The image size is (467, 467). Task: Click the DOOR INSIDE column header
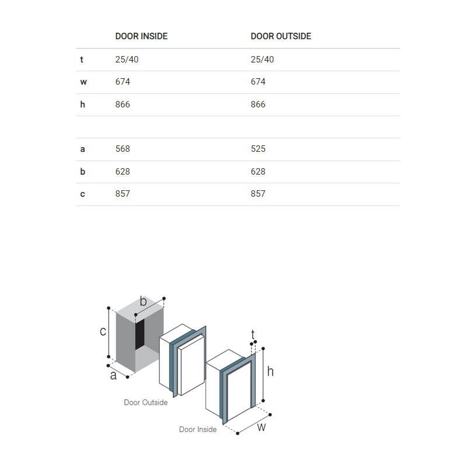tap(141, 36)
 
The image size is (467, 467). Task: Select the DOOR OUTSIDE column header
tap(281, 36)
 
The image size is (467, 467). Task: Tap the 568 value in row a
tap(123, 149)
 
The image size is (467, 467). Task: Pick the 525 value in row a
tap(258, 149)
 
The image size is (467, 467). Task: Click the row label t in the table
tap(82, 60)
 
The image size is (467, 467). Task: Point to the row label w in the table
tap(83, 82)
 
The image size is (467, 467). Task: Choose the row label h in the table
tap(82, 104)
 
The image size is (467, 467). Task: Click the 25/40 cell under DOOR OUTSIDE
tap(262, 60)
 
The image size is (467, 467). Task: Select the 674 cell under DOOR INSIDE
tap(123, 82)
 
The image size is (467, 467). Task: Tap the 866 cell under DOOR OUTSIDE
tap(258, 104)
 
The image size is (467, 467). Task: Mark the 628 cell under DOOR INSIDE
tap(123, 172)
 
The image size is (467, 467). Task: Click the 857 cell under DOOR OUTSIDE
tap(258, 194)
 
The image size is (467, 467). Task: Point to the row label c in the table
tap(82, 194)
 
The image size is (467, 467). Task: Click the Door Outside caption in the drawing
tap(145, 402)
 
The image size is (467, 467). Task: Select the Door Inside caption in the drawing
tap(198, 429)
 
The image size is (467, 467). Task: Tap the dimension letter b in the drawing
tap(143, 301)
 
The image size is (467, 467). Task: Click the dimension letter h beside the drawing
tap(270, 371)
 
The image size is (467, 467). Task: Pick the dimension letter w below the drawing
tap(261, 428)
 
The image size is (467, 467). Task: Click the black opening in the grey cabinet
tap(140, 334)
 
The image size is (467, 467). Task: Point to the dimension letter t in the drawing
tap(253, 334)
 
